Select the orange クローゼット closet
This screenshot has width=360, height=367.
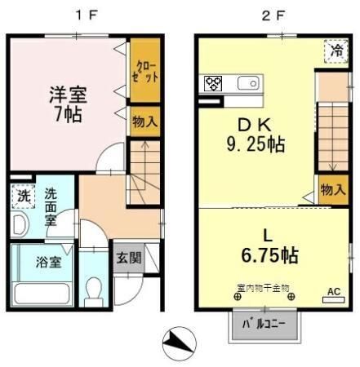click(x=146, y=71)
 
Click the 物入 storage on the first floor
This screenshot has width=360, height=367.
click(x=145, y=122)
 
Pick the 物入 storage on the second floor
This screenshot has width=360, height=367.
click(x=332, y=189)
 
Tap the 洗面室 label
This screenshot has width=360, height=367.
click(x=51, y=207)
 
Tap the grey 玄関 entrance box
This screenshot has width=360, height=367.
click(x=127, y=259)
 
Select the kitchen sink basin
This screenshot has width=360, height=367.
click(x=247, y=82)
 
